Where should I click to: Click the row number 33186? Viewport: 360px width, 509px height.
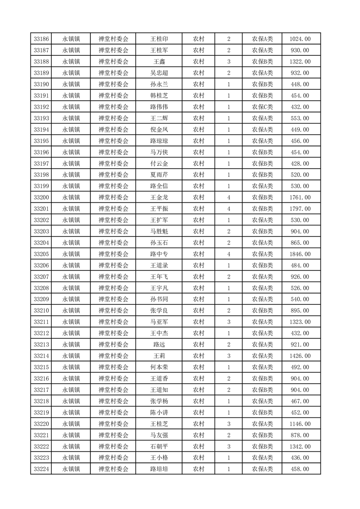(41, 39)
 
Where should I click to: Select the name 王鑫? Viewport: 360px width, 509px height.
(159, 62)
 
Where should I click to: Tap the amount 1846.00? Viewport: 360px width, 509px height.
(300, 254)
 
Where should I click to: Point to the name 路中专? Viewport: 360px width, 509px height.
(159, 254)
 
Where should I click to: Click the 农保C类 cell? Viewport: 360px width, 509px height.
(262, 107)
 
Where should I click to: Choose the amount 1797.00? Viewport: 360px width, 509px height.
(300, 209)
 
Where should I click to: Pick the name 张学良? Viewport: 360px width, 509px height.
(159, 311)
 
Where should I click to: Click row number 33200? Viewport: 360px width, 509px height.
(41, 197)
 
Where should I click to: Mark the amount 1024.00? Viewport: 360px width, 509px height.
(300, 39)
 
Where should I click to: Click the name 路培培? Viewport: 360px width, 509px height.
(159, 469)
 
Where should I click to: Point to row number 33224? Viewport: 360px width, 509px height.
(41, 469)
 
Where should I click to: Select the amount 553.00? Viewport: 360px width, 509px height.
(300, 118)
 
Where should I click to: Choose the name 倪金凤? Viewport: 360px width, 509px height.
(159, 130)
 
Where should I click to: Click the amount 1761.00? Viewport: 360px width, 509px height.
(300, 197)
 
